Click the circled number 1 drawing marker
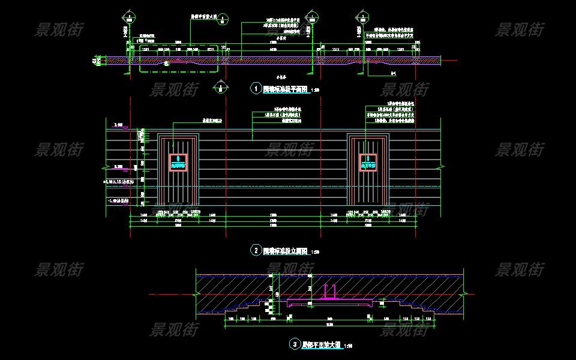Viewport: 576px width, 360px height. pyautogui.click(x=256, y=89)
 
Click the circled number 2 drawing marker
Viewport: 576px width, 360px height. pyautogui.click(x=256, y=250)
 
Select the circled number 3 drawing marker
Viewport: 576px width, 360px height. pyautogui.click(x=295, y=344)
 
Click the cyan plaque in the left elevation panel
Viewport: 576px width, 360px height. pyautogui.click(x=179, y=162)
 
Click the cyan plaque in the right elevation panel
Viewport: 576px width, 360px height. pyautogui.click(x=368, y=162)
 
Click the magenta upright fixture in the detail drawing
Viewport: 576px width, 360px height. pyautogui.click(x=329, y=292)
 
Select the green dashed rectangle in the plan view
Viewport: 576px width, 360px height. pyautogui.click(x=179, y=59)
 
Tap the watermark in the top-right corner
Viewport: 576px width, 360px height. pyautogui.click(x=520, y=29)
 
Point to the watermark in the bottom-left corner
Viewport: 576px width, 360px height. pyautogui.click(x=59, y=269)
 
